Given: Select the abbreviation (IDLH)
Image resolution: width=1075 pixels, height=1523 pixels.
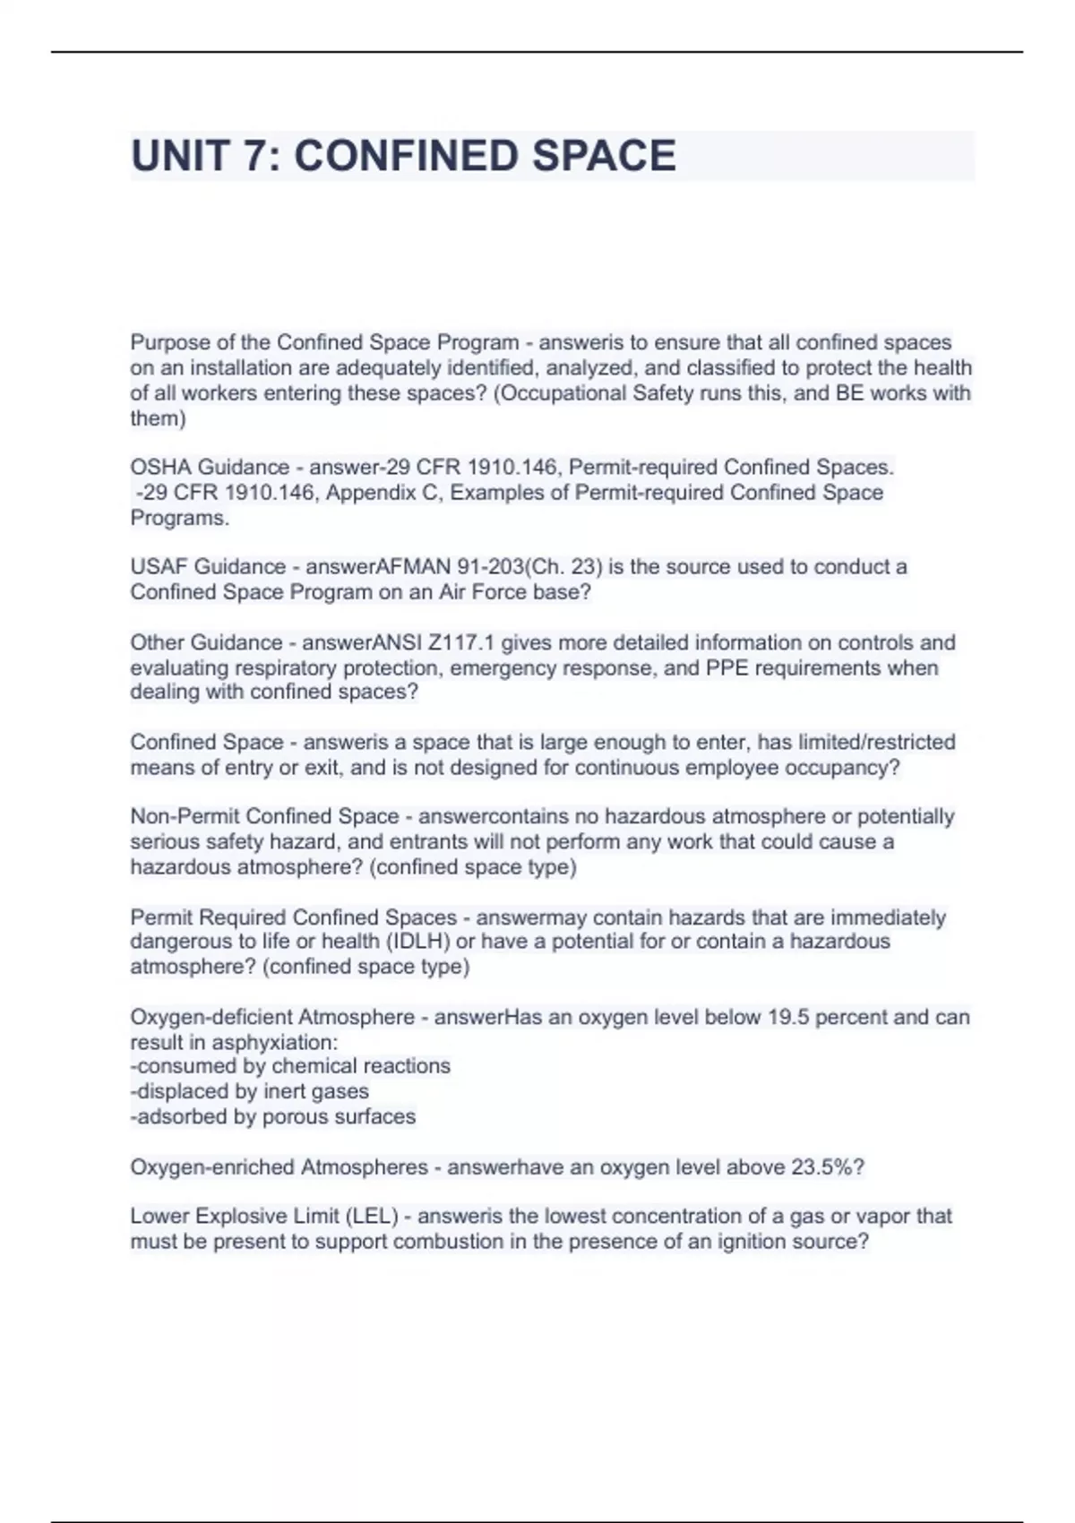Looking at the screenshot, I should [405, 941].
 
